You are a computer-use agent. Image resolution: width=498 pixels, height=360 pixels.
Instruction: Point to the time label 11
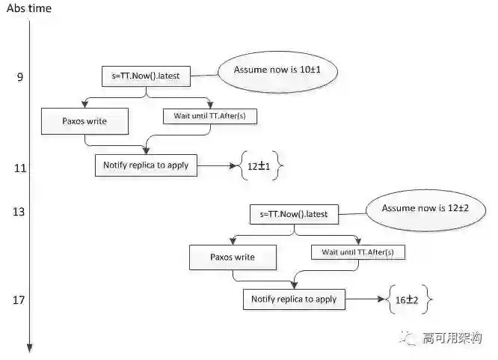tap(20, 168)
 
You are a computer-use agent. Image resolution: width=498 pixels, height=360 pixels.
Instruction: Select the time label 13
tap(19, 212)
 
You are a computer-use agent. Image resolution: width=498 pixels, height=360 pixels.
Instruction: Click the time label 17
tap(19, 300)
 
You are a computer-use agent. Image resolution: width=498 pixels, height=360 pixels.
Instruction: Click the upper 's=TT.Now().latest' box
tap(146, 75)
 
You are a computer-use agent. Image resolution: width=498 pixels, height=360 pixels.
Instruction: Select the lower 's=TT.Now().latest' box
tap(294, 214)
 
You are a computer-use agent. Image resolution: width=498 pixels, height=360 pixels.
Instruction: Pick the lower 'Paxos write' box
tap(232, 257)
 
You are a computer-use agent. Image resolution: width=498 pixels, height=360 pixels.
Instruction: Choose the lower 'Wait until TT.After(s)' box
tap(357, 252)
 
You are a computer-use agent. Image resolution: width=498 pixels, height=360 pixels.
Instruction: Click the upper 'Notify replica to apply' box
tap(147, 165)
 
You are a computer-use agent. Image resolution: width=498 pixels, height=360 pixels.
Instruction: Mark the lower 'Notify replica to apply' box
tap(294, 299)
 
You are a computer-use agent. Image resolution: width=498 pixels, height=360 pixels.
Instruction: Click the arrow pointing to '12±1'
tap(218, 166)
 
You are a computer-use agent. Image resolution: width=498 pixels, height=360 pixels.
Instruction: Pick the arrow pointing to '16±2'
tap(366, 300)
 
